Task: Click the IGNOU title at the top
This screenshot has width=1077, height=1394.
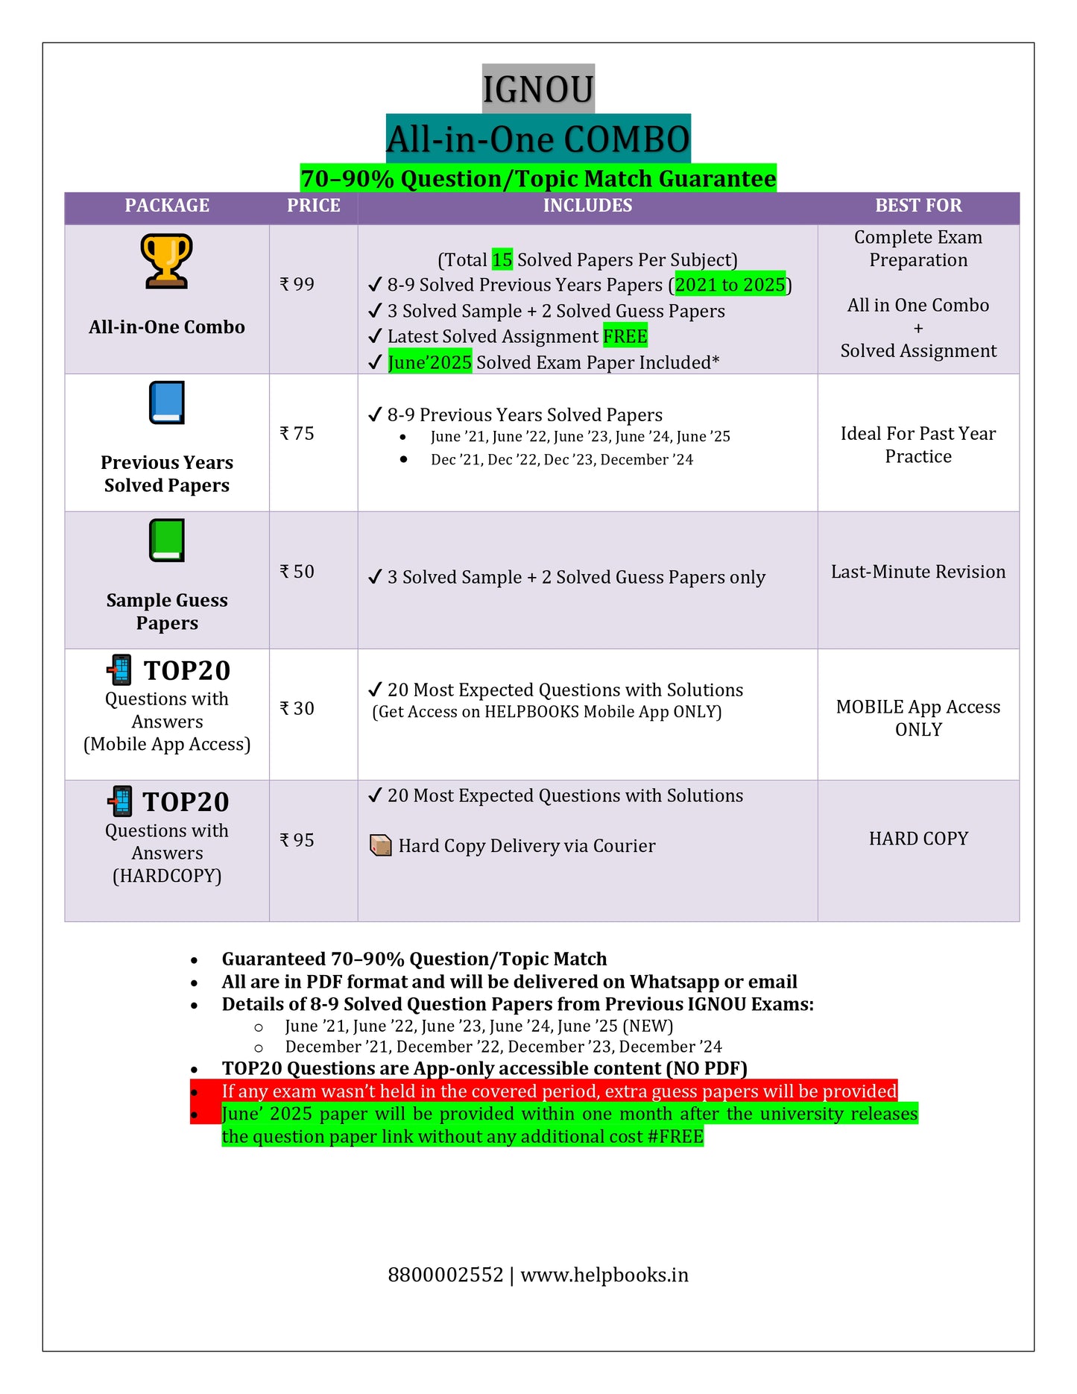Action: (537, 89)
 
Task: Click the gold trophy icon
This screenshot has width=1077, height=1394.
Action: (167, 261)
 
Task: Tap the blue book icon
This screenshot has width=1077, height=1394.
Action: (167, 403)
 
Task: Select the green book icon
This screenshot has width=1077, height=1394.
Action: (167, 540)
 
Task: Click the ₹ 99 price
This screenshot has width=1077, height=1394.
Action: (297, 284)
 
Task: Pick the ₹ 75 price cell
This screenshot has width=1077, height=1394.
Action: (297, 433)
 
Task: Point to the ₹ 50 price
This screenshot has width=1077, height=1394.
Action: (297, 571)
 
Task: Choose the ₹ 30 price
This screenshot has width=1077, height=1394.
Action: (297, 708)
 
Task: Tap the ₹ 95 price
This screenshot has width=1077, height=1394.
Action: (297, 840)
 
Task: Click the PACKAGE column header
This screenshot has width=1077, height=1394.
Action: (167, 206)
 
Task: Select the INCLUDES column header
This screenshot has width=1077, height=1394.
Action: (587, 206)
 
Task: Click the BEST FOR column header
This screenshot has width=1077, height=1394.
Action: (918, 206)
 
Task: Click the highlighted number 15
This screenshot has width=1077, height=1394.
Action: (502, 259)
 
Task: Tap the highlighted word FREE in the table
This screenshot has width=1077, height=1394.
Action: (625, 336)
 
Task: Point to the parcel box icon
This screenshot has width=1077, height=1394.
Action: (381, 845)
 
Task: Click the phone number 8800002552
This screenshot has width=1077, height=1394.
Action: (446, 1275)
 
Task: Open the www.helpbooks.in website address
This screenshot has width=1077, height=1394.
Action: (604, 1275)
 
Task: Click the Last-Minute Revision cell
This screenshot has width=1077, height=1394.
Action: (918, 572)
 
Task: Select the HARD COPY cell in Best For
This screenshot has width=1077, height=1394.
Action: (918, 839)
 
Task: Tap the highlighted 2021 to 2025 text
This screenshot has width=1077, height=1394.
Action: (730, 285)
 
